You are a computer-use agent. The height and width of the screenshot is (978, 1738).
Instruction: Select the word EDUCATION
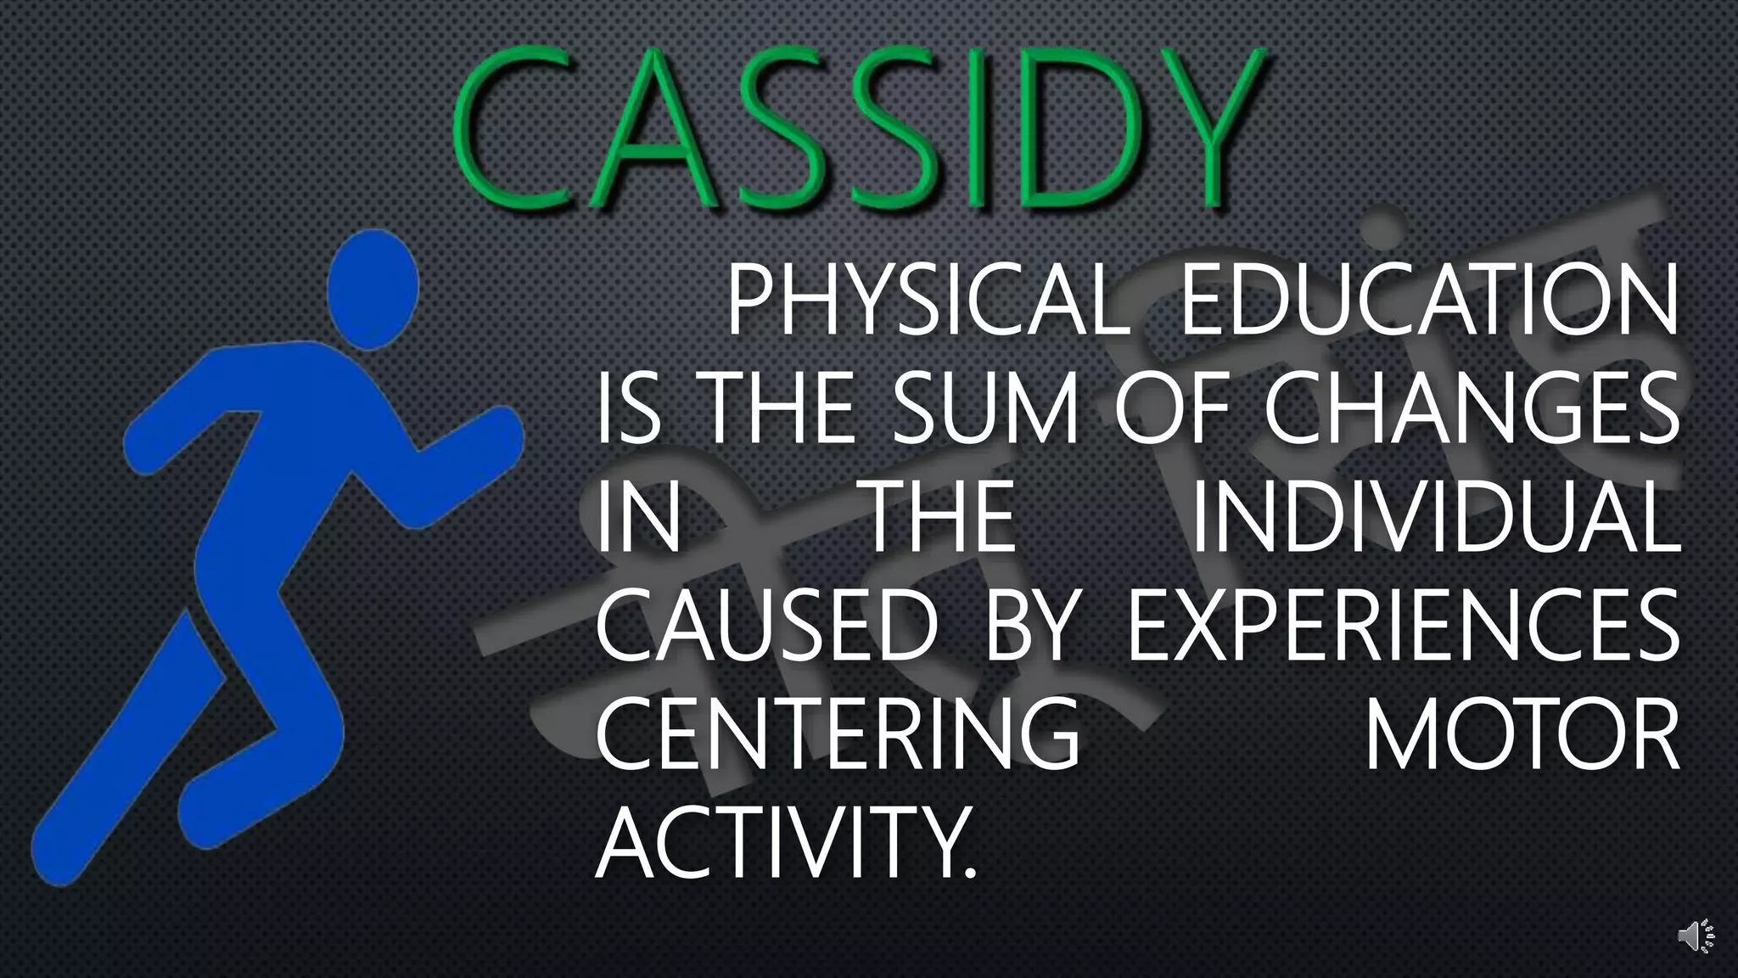tap(1429, 301)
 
